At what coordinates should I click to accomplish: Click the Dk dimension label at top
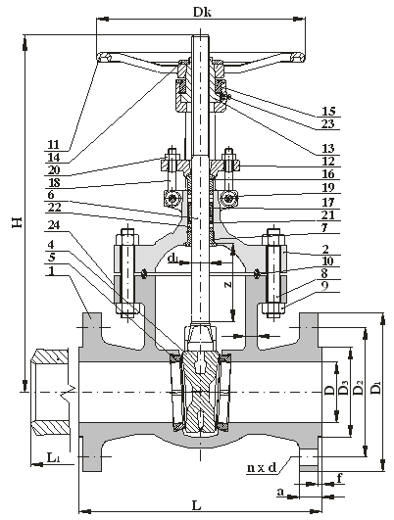203,13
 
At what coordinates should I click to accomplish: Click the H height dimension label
18,222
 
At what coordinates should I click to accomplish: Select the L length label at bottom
196,505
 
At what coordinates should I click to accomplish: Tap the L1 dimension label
54,457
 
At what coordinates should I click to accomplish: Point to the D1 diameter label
376,388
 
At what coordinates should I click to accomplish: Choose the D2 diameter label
359,388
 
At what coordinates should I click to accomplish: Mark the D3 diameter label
344,388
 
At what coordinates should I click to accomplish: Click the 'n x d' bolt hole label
262,467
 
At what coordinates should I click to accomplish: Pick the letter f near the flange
339,478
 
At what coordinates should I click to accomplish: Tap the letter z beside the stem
227,284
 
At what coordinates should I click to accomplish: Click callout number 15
328,111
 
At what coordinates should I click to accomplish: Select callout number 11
53,144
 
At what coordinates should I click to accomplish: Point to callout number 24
54,225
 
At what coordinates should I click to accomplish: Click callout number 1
51,271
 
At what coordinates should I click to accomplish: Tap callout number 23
328,123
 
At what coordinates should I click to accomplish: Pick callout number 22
54,208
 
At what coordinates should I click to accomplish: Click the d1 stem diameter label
172,258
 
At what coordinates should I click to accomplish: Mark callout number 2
325,249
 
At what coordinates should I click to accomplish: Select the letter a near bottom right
281,492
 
